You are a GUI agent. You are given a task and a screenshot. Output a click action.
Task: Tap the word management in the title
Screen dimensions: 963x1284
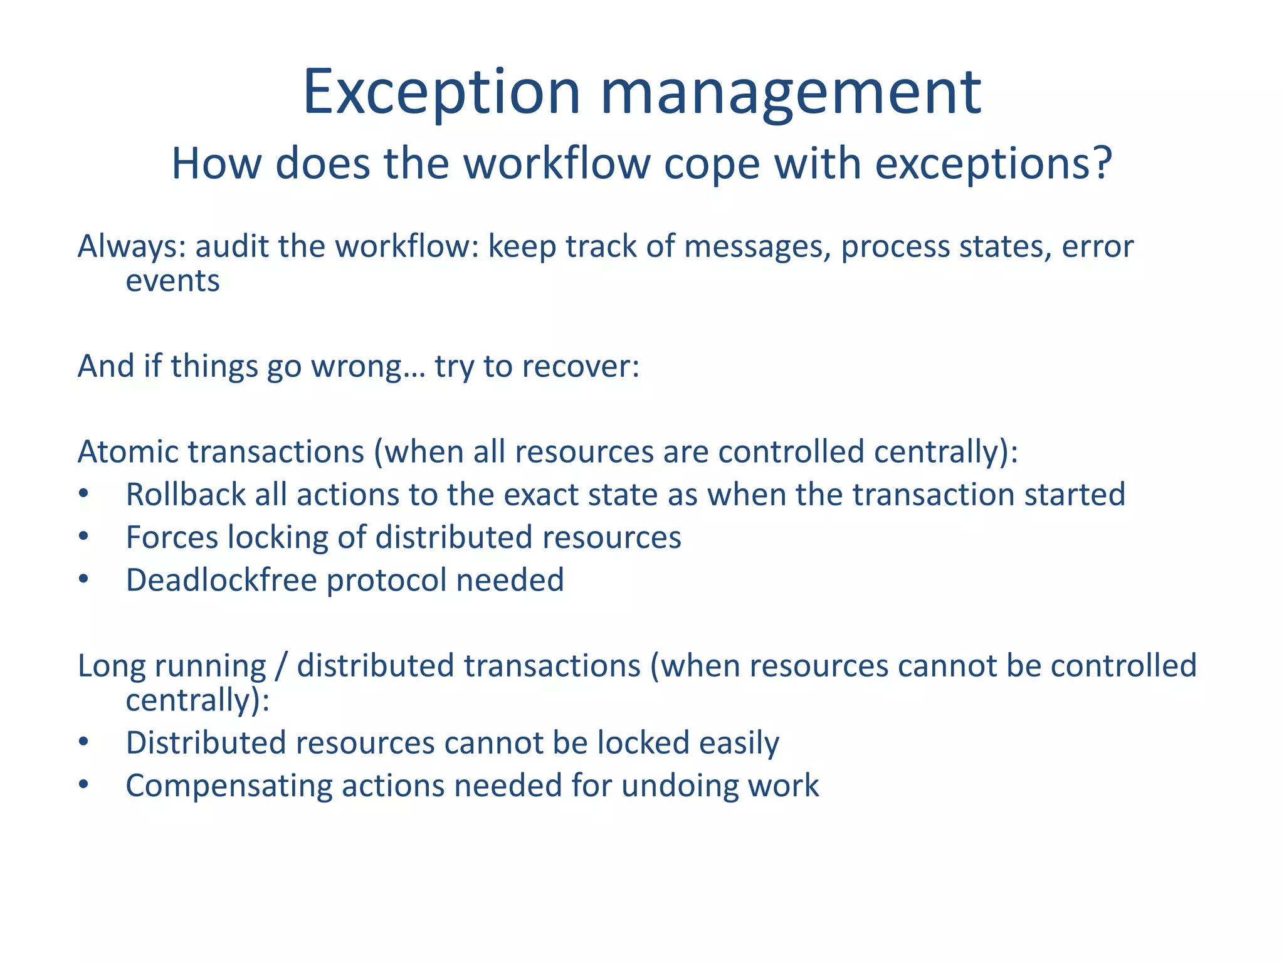click(x=791, y=94)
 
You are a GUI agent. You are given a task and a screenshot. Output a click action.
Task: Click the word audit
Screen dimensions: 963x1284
click(x=233, y=246)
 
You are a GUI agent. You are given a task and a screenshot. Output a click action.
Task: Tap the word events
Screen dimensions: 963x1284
click(x=172, y=281)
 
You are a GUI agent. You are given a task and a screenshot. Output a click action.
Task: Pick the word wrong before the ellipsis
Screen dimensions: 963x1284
click(x=357, y=367)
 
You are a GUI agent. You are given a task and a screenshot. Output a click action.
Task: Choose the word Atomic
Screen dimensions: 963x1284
click(x=128, y=451)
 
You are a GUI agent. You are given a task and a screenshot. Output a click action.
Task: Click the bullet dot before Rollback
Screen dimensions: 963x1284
click(x=84, y=494)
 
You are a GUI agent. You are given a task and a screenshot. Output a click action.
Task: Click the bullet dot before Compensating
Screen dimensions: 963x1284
click(x=84, y=785)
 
